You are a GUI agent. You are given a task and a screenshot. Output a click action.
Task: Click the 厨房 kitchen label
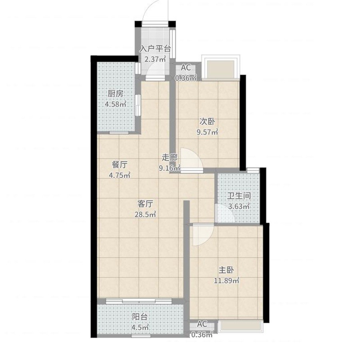pyautogui.click(x=116, y=94)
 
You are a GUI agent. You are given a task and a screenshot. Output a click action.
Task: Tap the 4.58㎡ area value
pyautogui.click(x=116, y=104)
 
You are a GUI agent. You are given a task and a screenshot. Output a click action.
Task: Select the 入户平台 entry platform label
pyautogui.click(x=156, y=49)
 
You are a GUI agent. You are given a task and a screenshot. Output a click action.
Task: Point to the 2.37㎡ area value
pyautogui.click(x=155, y=59)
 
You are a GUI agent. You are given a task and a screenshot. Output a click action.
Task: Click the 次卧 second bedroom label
pyautogui.click(x=207, y=122)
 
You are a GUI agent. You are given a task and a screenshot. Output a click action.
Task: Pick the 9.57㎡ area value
pyautogui.click(x=208, y=132)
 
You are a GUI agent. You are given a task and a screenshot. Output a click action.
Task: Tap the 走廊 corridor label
pyautogui.click(x=170, y=158)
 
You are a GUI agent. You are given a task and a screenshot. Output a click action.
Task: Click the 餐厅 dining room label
pyautogui.click(x=120, y=165)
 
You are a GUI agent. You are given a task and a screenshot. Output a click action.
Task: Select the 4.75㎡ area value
pyautogui.click(x=120, y=176)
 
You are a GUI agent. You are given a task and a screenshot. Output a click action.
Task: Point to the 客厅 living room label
pyautogui.click(x=145, y=204)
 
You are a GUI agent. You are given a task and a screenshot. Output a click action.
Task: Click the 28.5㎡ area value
pyautogui.click(x=145, y=214)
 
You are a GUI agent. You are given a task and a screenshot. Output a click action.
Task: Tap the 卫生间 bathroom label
pyautogui.click(x=239, y=196)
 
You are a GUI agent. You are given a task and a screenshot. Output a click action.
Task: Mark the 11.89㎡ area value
pyautogui.click(x=227, y=280)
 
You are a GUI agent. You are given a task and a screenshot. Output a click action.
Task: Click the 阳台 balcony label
pyautogui.click(x=140, y=317)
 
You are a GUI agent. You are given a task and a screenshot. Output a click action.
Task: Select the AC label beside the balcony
pyautogui.click(x=202, y=324)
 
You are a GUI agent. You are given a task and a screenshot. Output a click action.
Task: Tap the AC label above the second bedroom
pyautogui.click(x=186, y=68)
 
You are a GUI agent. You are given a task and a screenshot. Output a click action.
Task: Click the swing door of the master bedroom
pyautogui.click(x=203, y=235)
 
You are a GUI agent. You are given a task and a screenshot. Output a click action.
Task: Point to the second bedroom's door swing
pyautogui.click(x=192, y=159)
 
